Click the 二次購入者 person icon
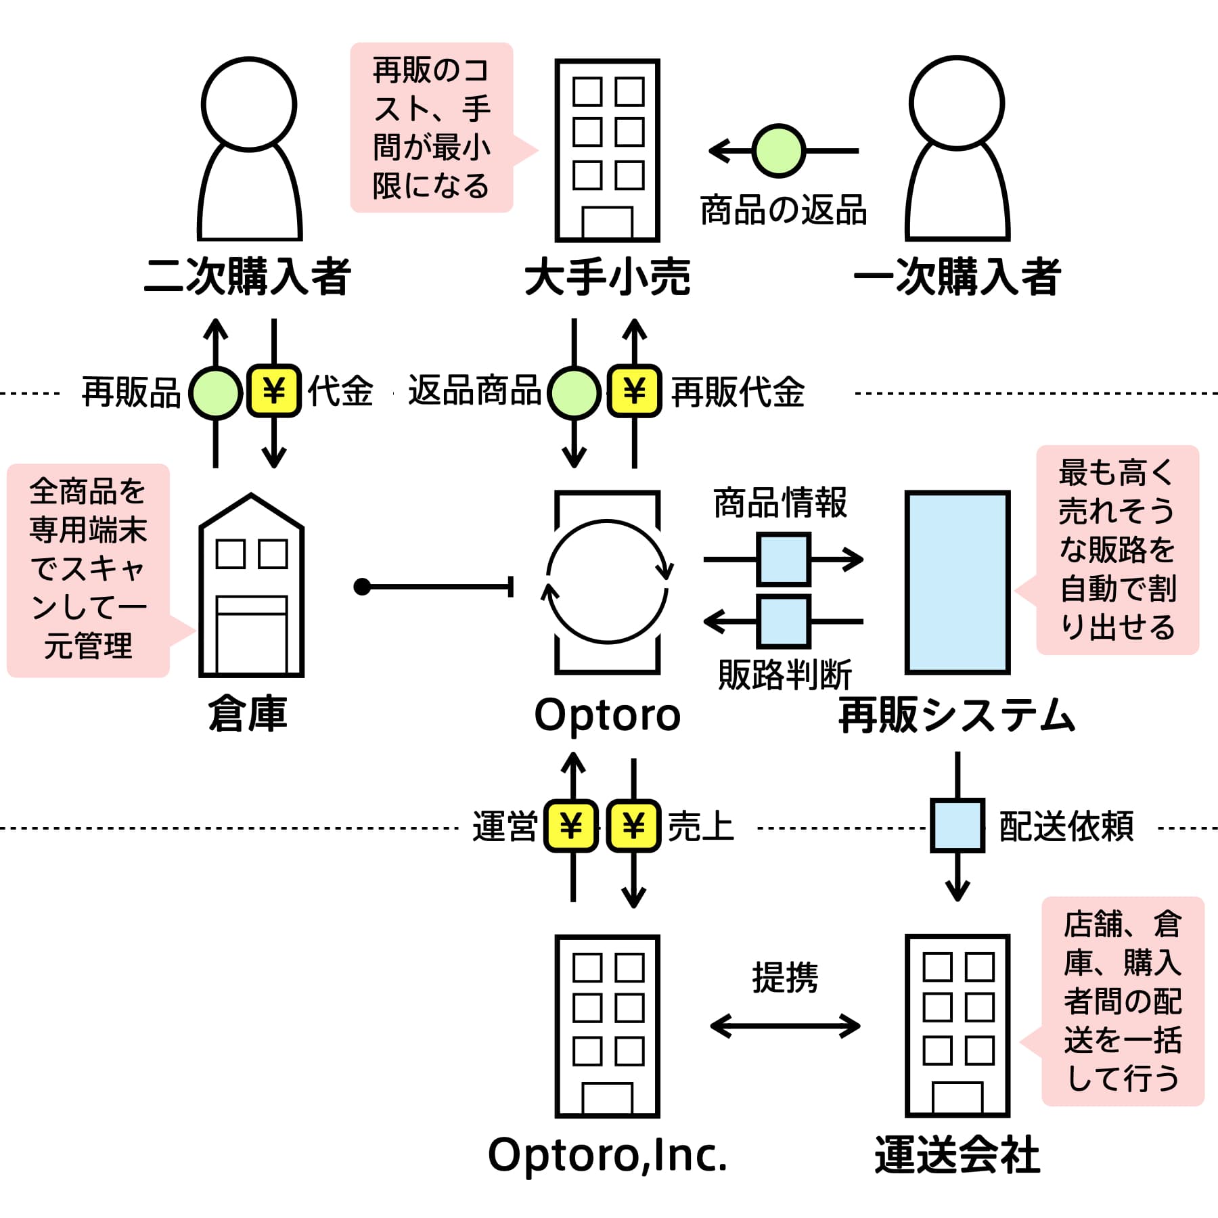click(x=249, y=149)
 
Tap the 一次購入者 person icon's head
click(x=957, y=103)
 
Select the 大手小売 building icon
click(x=607, y=150)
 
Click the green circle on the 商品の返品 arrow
click(x=779, y=150)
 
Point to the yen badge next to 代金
click(x=273, y=390)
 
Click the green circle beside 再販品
click(x=215, y=392)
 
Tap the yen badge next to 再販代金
click(x=634, y=390)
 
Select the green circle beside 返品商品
click(x=574, y=392)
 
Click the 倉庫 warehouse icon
click(x=251, y=585)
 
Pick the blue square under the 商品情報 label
click(x=784, y=559)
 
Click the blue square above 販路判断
click(x=784, y=621)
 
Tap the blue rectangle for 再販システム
click(x=957, y=583)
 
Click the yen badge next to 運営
click(x=572, y=826)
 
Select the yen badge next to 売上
click(x=633, y=826)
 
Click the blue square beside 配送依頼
click(x=957, y=825)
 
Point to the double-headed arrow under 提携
click(x=785, y=1026)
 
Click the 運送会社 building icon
click(x=957, y=1026)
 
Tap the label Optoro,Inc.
click(x=607, y=1156)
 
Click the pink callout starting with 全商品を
click(x=88, y=570)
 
